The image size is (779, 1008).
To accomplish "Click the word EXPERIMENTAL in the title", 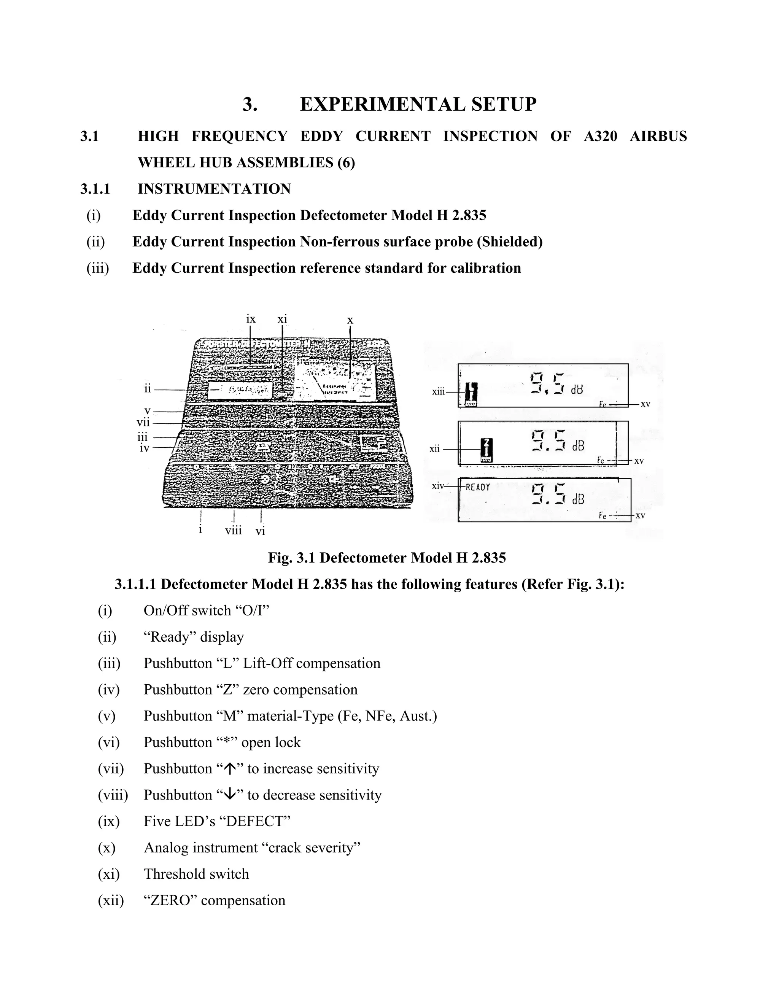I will [381, 104].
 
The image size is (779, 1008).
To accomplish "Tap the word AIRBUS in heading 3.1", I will [658, 137].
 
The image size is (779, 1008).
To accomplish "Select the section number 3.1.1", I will [95, 189].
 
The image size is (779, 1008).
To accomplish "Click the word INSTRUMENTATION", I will [214, 189].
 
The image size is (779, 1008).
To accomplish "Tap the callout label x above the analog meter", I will [350, 320].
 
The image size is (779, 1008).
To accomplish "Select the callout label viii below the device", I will [234, 530].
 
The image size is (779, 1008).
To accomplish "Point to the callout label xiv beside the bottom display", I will [437, 486].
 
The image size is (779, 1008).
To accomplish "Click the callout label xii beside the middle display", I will [435, 448].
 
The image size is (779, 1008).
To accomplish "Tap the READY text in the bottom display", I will [478, 487].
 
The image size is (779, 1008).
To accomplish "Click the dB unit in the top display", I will [577, 390].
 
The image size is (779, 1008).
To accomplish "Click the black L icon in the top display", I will [471, 393].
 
